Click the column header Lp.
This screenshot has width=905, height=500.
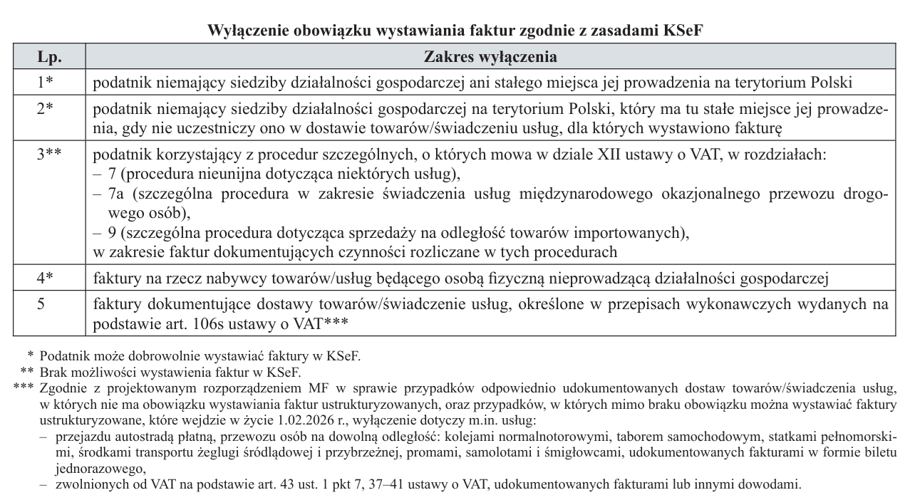[48, 56]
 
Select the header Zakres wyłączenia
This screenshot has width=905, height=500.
[490, 56]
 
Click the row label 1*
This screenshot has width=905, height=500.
[46, 82]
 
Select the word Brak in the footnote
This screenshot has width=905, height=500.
[56, 371]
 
